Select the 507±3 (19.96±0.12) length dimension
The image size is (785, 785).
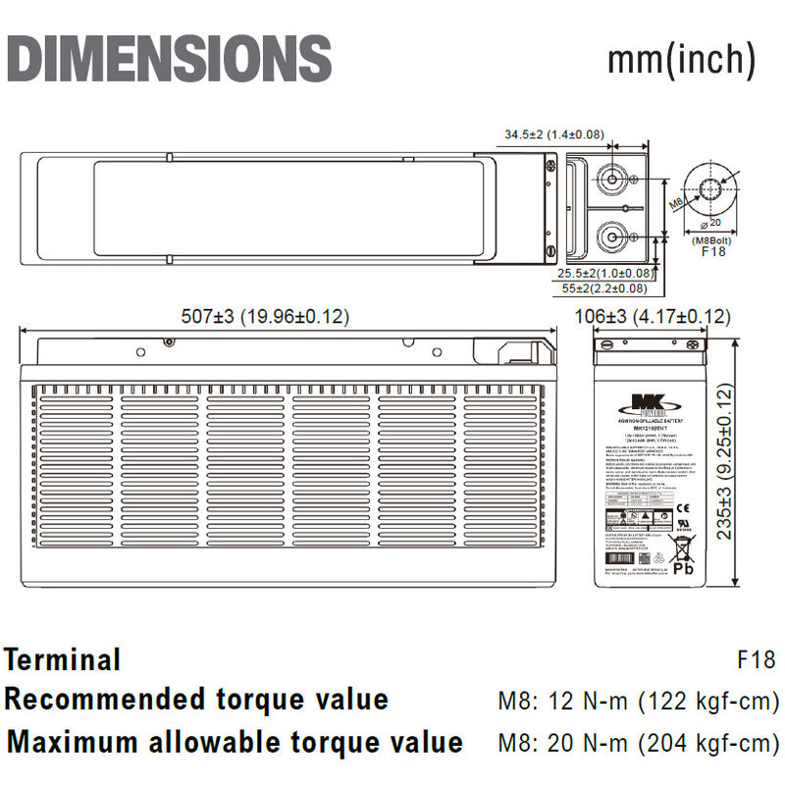click(265, 317)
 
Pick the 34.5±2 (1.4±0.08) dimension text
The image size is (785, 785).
click(554, 134)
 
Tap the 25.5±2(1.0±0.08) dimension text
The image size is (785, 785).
click(605, 273)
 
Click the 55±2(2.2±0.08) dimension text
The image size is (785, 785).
click(604, 288)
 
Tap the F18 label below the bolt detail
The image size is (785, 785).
click(713, 251)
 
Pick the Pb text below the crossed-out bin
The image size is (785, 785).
click(685, 568)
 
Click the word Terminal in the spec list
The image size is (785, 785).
click(63, 659)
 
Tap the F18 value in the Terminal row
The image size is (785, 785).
click(757, 659)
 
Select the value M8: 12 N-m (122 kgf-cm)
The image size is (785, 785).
click(638, 701)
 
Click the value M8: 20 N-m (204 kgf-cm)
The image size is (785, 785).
click(638, 742)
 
